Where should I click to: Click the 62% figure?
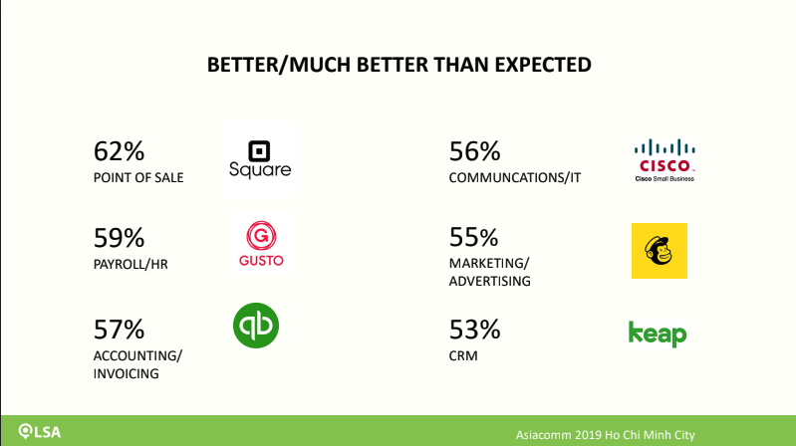point(119,151)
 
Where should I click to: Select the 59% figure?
point(119,238)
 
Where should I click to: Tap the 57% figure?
point(119,330)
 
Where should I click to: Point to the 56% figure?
point(474,151)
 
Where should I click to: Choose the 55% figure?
point(473,237)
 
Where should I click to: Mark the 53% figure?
point(474,330)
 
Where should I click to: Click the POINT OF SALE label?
point(138,178)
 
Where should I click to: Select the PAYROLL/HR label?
point(131,265)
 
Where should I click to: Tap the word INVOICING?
point(126,374)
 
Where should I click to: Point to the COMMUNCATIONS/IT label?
point(515,178)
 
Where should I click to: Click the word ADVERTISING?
point(490,281)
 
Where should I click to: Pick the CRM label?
point(463,355)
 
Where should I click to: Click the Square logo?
point(259,159)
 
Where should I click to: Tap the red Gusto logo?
point(261,244)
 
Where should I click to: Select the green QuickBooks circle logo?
point(256,326)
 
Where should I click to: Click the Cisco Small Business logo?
point(664,160)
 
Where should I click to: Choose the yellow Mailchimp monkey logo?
point(660,251)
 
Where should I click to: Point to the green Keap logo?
point(658,334)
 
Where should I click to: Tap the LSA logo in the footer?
point(40,432)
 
